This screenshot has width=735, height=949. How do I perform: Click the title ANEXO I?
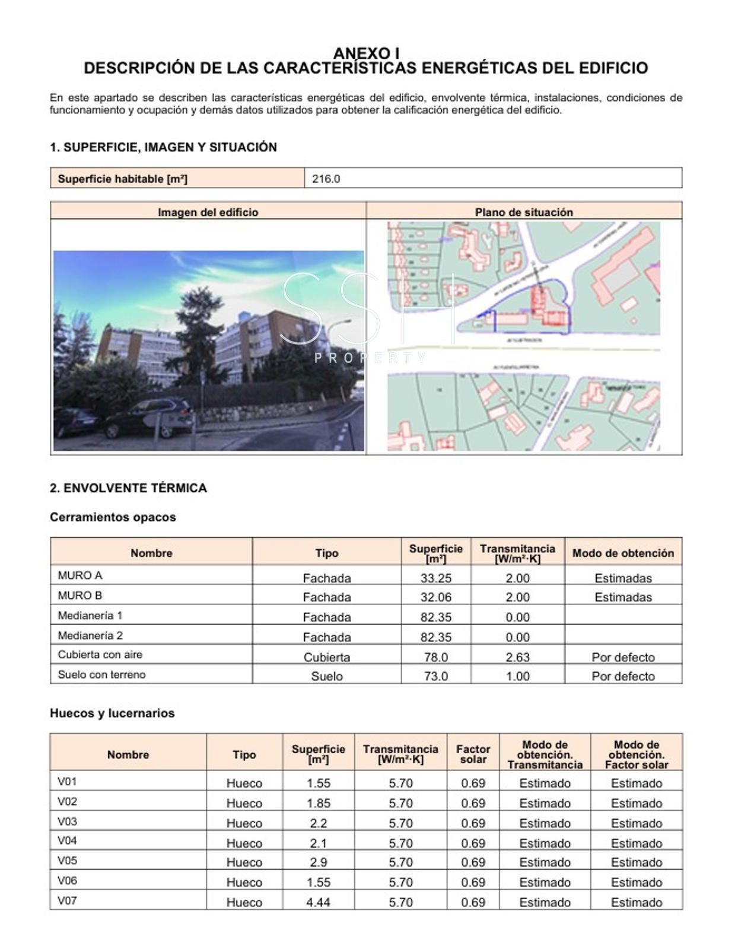(x=366, y=53)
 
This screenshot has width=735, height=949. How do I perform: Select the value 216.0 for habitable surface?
(x=326, y=179)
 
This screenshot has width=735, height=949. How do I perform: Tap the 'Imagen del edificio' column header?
(x=208, y=212)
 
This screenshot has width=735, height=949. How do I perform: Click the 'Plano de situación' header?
(x=524, y=212)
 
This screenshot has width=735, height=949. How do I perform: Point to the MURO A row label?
(x=80, y=575)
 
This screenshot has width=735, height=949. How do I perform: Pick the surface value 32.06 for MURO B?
(x=435, y=597)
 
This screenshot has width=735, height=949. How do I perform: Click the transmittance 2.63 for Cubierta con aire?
(x=517, y=657)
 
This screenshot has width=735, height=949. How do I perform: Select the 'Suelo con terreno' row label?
(x=101, y=674)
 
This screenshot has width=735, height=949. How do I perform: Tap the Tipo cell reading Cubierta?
(x=326, y=657)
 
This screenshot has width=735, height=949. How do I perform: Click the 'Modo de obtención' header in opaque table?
(x=623, y=553)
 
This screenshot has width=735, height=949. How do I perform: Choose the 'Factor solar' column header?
(x=473, y=754)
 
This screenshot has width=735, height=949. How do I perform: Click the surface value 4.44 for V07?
(x=318, y=902)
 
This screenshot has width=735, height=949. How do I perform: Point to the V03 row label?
(x=68, y=821)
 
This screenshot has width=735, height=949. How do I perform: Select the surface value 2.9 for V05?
(x=318, y=862)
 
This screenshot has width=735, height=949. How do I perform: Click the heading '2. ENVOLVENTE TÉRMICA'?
(x=128, y=488)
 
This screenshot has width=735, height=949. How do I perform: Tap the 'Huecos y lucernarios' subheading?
(x=112, y=713)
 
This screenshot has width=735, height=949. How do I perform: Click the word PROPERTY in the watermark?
(x=370, y=358)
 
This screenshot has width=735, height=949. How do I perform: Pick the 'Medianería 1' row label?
(x=90, y=616)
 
